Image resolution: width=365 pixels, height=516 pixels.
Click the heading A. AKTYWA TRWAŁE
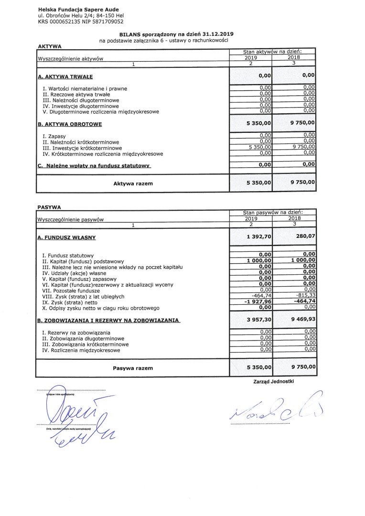click(x=65, y=76)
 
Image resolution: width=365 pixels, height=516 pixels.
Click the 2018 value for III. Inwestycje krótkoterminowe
click(x=303, y=148)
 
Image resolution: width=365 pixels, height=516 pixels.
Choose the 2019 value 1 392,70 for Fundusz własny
click(x=259, y=236)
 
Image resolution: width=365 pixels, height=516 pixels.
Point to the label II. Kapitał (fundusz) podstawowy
click(x=84, y=261)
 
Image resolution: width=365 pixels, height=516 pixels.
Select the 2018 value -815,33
click(x=305, y=295)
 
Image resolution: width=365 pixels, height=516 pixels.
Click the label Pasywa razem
click(x=133, y=368)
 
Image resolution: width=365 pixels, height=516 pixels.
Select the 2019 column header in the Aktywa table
click(x=251, y=57)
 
